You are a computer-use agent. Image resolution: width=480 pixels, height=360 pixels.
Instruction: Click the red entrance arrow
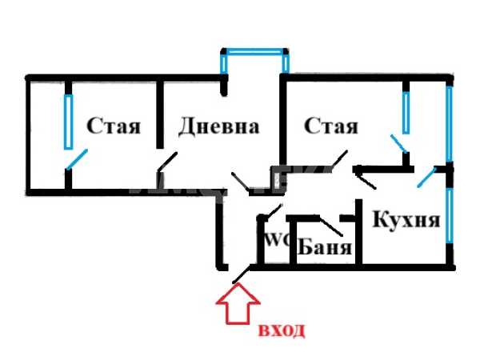pyautogui.click(x=238, y=303)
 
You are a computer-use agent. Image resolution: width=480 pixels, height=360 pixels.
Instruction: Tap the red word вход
pyautogui.click(x=282, y=330)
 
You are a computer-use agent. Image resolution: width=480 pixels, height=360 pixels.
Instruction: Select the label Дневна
pyautogui.click(x=219, y=126)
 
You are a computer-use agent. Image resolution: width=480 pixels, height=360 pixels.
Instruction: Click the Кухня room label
pyautogui.click(x=406, y=219)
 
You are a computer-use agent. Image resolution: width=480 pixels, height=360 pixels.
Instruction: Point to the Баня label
pyautogui.click(x=325, y=246)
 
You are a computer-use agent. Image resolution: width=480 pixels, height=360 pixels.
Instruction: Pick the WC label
pyautogui.click(x=277, y=241)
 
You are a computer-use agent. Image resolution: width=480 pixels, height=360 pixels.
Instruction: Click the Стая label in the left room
pyautogui.click(x=114, y=126)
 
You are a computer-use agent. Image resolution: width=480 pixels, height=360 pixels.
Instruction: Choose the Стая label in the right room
pyautogui.click(x=331, y=126)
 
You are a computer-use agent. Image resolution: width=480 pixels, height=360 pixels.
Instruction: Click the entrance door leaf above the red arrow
pyautogui.click(x=242, y=274)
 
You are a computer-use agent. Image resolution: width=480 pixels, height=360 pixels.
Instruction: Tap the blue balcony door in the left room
pyautogui.click(x=77, y=159)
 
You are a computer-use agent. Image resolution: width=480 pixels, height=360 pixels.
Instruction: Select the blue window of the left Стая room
pyautogui.click(x=69, y=122)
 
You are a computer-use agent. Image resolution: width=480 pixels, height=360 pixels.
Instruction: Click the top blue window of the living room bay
pyautogui.click(x=254, y=52)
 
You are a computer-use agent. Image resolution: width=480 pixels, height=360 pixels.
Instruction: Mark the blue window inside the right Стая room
pyautogui.click(x=406, y=113)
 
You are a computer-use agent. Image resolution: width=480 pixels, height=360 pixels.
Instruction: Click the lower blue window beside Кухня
pyautogui.click(x=449, y=215)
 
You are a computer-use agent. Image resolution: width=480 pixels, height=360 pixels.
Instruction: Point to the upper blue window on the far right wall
pyautogui.click(x=449, y=124)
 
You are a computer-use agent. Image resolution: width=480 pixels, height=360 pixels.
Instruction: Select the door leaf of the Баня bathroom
pyautogui.click(x=330, y=226)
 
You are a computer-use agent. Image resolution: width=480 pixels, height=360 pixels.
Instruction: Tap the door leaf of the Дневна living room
pyautogui.click(x=167, y=161)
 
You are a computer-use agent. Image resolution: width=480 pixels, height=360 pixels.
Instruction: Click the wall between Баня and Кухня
pyautogui.click(x=358, y=232)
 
